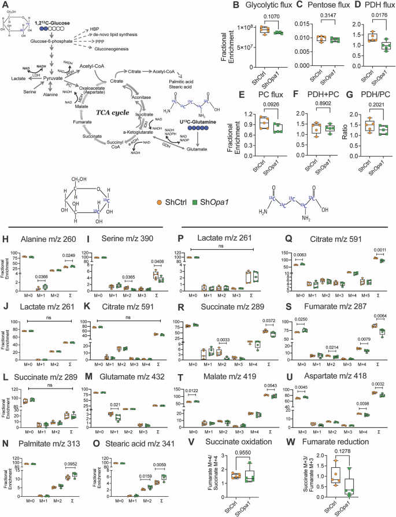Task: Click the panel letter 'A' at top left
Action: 5,5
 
